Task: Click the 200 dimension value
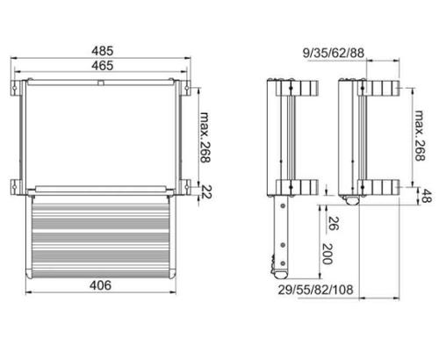point(327,255)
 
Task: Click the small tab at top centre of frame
point(102,83)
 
